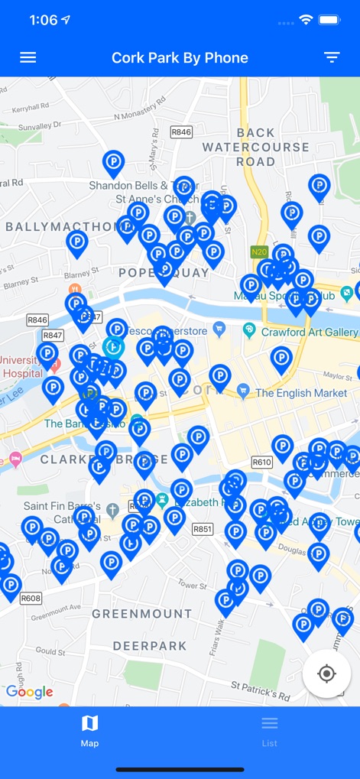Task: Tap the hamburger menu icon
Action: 28,58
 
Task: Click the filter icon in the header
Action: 332,58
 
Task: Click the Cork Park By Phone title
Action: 180,58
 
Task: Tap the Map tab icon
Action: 89,723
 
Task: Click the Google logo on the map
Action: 30,692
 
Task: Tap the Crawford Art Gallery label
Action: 310,333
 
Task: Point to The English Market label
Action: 306,393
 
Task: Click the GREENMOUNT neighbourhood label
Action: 142,614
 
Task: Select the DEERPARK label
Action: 150,646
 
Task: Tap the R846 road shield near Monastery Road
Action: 181,132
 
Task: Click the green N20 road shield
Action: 258,251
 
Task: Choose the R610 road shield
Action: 261,462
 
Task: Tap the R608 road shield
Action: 31,599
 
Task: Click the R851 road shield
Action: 203,528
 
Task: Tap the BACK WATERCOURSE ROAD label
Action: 256,147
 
